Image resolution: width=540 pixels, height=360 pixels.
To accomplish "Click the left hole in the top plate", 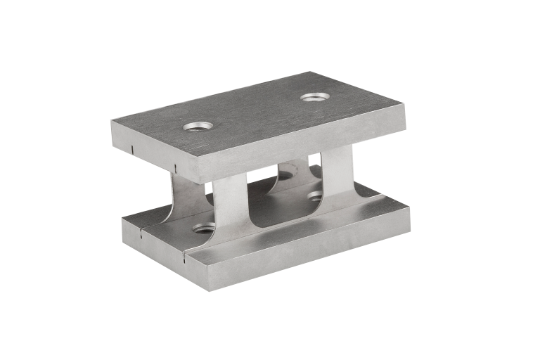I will [198, 126].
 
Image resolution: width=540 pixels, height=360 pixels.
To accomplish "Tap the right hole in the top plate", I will [314, 96].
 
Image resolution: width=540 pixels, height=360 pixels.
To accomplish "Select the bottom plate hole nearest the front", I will [204, 228].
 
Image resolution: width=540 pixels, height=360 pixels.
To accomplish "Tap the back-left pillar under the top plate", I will [184, 199].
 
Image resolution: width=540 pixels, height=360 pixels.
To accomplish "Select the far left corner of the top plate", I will [112, 120].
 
